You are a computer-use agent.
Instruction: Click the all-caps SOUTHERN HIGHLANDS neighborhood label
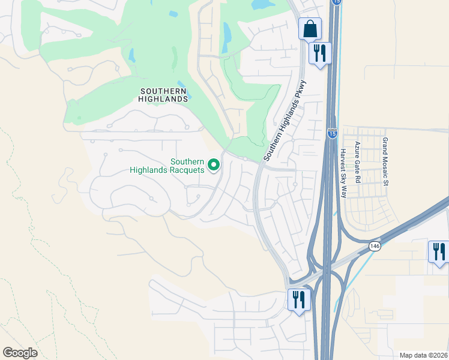coord(164,95)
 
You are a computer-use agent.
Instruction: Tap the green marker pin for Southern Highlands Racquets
coord(213,164)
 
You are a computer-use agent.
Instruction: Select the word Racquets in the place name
coord(187,170)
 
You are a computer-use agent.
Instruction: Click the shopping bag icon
coord(310,28)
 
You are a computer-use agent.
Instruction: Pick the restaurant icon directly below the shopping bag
coord(319,53)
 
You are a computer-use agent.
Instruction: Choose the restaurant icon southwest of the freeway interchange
coord(298,299)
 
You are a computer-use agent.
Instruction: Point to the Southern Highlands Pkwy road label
coord(285,120)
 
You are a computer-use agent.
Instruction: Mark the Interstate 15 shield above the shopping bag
coord(336,2)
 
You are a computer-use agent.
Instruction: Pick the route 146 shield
coord(375,246)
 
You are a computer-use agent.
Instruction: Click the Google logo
coord(20,353)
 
